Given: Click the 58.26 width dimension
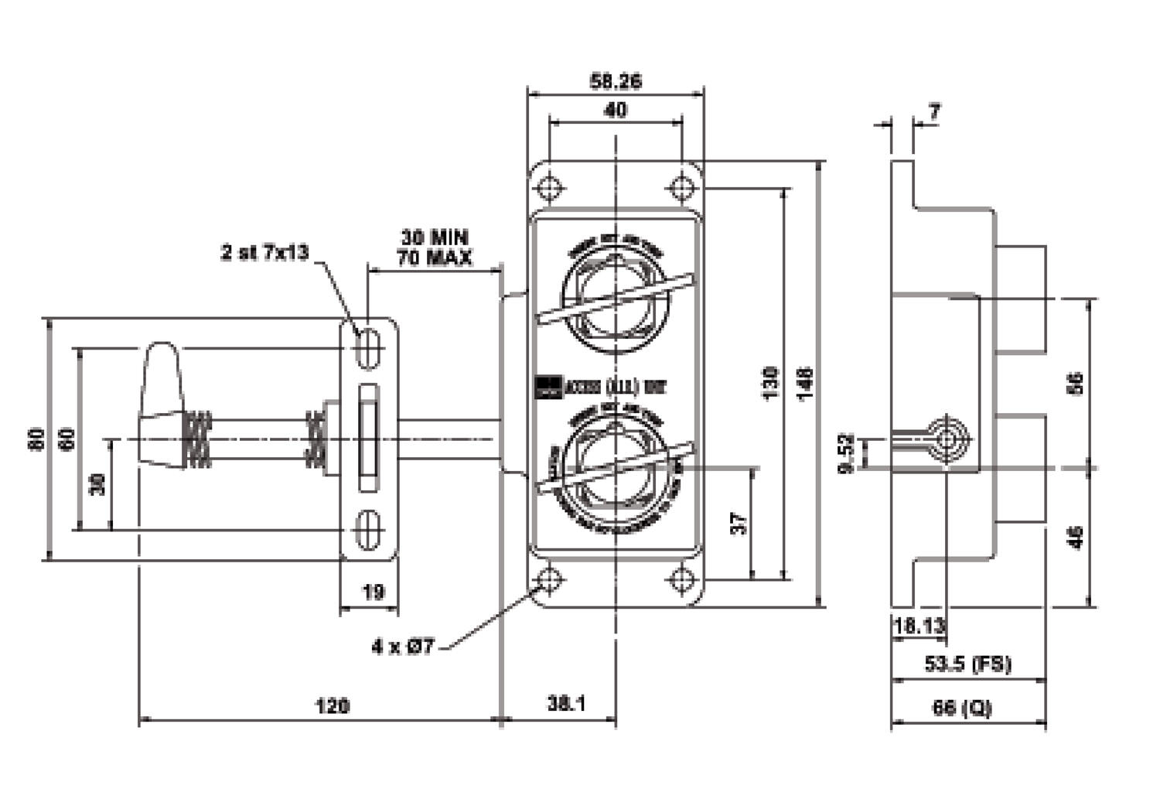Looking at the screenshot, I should pos(616,80).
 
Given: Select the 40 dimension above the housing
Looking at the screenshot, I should pos(616,111).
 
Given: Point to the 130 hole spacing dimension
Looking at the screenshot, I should pos(770,382).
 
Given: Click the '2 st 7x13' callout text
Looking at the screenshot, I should pos(264,252).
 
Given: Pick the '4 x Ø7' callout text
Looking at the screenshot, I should pos(404,646).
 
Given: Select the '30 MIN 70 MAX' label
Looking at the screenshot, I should pos(434,248).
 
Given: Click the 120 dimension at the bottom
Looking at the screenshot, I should pos(332,705).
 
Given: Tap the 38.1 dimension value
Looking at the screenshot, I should pos(566,704).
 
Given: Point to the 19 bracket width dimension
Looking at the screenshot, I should pos(373,592).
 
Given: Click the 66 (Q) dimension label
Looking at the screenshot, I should pos(962,707).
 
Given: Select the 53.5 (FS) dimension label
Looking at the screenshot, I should pos(967,664).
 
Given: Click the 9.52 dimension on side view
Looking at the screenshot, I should pos(847,453).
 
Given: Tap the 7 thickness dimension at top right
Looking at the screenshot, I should pos(934,113).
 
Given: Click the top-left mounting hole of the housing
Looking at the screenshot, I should pos(550,188).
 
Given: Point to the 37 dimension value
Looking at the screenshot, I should pos(740,523).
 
